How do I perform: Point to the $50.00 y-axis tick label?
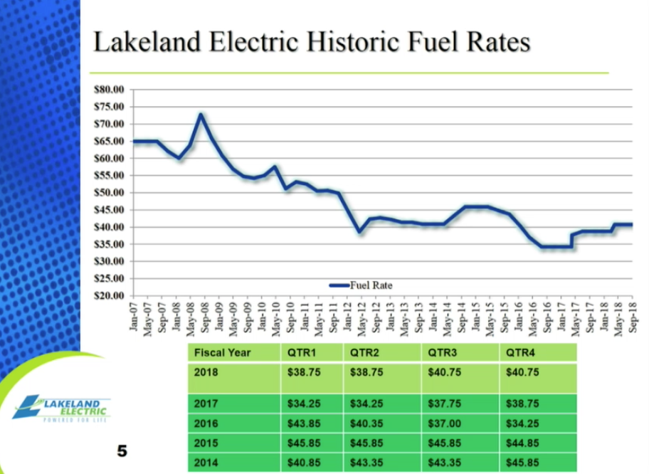(109, 193)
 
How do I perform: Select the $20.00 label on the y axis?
(109, 295)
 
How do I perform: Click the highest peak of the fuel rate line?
(201, 115)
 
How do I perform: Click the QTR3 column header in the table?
(441, 352)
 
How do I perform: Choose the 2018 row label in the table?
(206, 372)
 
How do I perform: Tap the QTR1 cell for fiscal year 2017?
(303, 404)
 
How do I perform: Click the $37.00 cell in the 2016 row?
(443, 422)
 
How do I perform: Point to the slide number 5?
(122, 451)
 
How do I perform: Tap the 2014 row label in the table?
(206, 461)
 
